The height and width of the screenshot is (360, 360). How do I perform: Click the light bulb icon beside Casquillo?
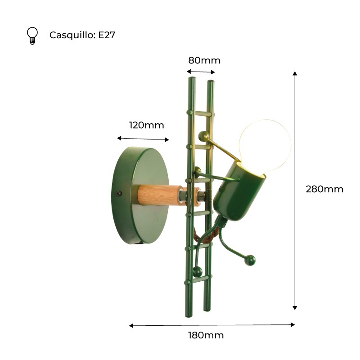(32, 36)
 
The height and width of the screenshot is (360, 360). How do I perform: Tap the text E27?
(107, 35)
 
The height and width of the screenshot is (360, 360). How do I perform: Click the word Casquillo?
(71, 36)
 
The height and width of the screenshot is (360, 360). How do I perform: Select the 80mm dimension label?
(204, 60)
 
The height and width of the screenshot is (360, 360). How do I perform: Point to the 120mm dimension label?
(147, 126)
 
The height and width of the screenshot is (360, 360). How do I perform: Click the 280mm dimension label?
(324, 189)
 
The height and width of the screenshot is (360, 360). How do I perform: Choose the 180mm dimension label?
(206, 335)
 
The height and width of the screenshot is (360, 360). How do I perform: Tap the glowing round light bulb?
(265, 144)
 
